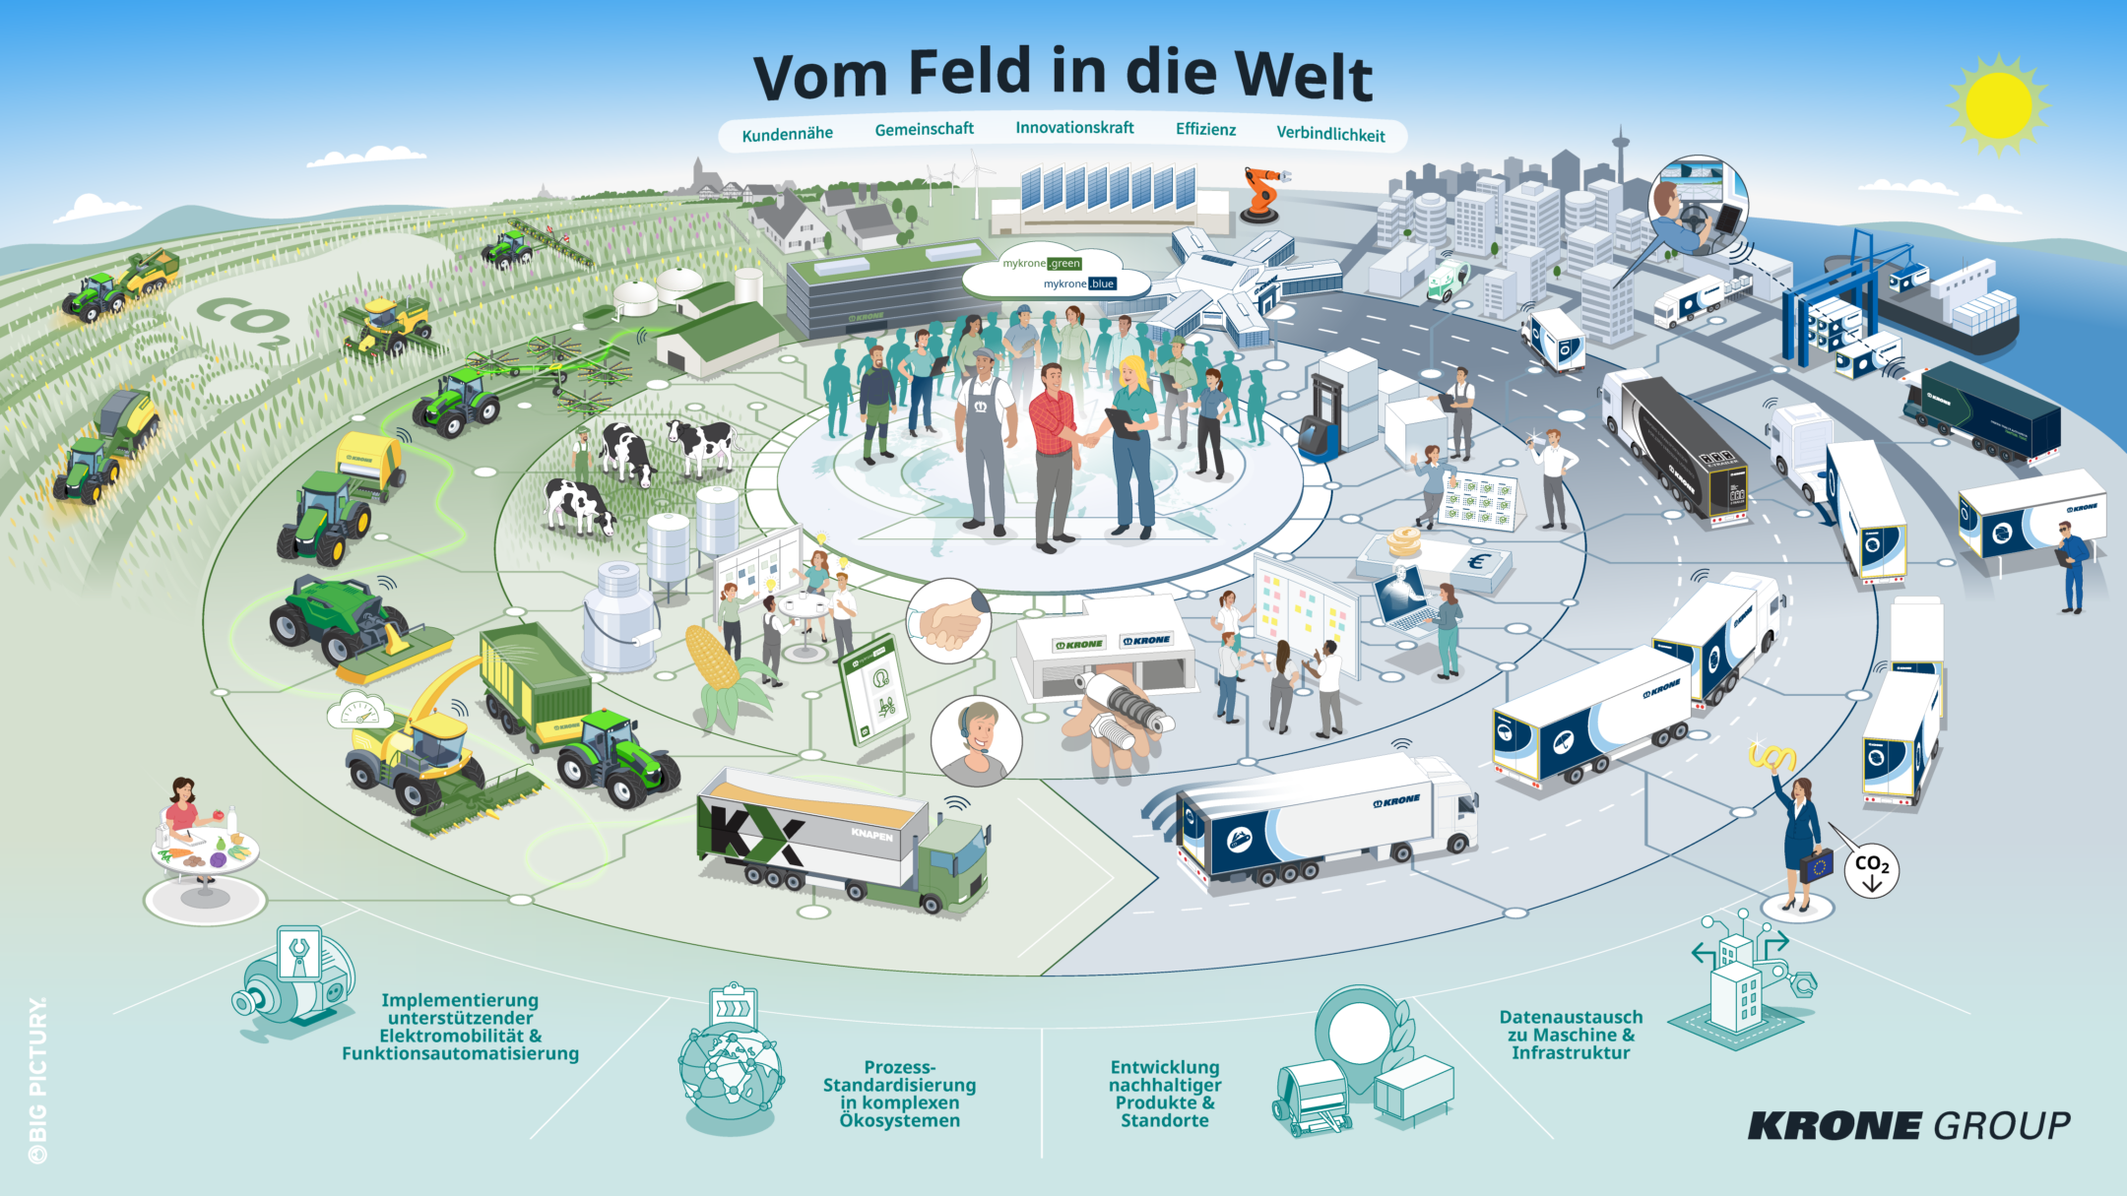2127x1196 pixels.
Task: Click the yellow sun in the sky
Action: (1998, 104)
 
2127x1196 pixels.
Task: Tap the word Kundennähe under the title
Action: (787, 134)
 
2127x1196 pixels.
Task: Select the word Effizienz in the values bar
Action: (1205, 129)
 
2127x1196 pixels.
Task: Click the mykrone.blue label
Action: (1080, 283)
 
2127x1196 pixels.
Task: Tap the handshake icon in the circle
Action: (948, 620)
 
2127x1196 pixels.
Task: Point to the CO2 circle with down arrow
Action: (1871, 870)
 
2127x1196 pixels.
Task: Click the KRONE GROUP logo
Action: (1908, 1125)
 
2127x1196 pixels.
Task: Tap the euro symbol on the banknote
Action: (1476, 562)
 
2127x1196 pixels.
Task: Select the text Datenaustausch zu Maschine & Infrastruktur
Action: (1571, 1035)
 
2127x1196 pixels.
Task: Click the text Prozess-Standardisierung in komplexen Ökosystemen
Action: (899, 1094)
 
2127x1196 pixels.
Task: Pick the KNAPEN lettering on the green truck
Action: (871, 835)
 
